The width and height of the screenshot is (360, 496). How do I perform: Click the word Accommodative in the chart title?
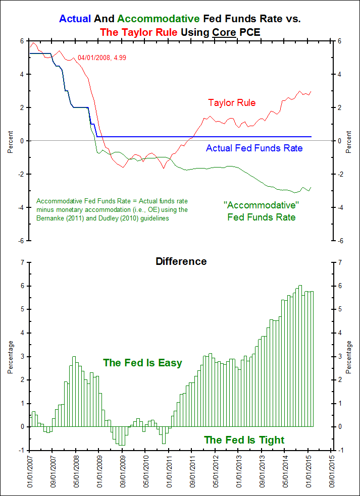coord(158,19)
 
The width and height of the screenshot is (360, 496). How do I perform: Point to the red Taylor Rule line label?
coord(232,102)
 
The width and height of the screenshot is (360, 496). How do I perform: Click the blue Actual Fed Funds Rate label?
coord(254,148)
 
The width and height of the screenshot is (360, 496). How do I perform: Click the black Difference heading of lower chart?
coord(181,261)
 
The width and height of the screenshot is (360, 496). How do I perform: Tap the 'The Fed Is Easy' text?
coord(142,363)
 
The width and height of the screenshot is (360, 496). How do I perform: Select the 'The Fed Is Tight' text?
coord(244,440)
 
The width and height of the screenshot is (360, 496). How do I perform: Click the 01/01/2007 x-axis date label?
coord(30,471)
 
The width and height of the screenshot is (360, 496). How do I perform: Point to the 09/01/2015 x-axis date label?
coord(331,471)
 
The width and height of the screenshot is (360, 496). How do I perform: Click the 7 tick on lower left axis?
coord(22,262)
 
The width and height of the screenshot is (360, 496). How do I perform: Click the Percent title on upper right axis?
coord(349,141)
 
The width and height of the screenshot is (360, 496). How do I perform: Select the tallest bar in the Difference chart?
coord(300,356)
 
